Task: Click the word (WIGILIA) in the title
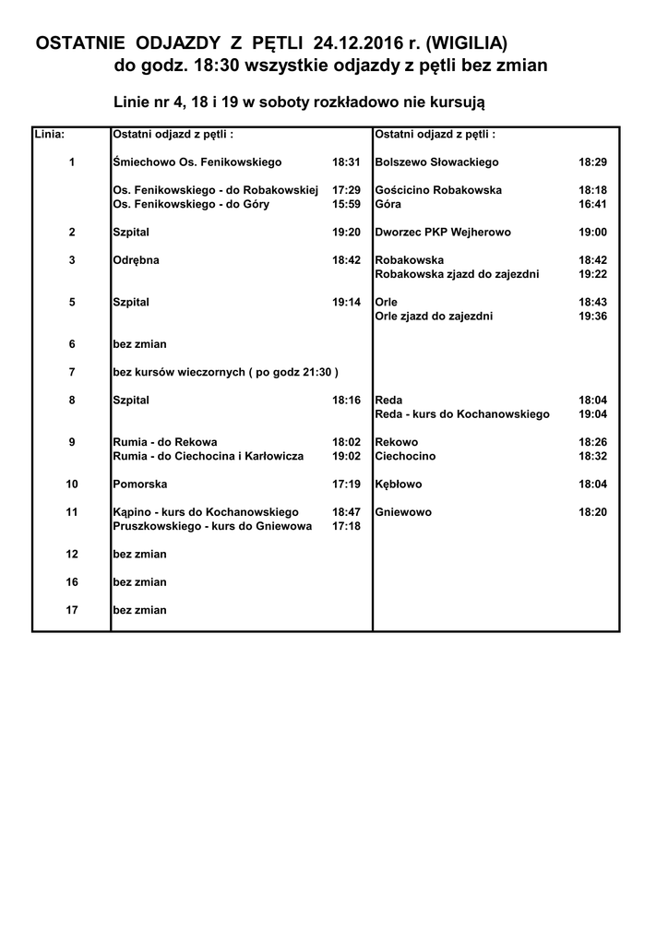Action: pyautogui.click(x=467, y=42)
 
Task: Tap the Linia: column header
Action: pyautogui.click(x=49, y=134)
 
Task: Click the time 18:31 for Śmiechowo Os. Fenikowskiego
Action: pyautogui.click(x=346, y=162)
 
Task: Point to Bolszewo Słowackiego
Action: pyautogui.click(x=437, y=162)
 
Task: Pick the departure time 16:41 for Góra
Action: pyautogui.click(x=592, y=204)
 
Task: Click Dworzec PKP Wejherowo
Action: pyautogui.click(x=443, y=233)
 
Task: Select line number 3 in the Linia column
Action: pyautogui.click(x=72, y=260)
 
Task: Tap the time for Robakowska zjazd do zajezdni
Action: pyautogui.click(x=592, y=274)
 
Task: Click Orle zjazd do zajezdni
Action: pyautogui.click(x=434, y=317)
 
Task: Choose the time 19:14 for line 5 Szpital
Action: pyautogui.click(x=346, y=303)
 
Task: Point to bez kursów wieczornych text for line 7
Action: pyautogui.click(x=225, y=372)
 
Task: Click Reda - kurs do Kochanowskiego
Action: pyautogui.click(x=462, y=414)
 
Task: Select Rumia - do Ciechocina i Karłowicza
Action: pyautogui.click(x=208, y=456)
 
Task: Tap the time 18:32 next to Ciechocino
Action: pyautogui.click(x=592, y=456)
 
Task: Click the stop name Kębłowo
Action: pyautogui.click(x=399, y=484)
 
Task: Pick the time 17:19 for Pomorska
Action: pyautogui.click(x=346, y=484)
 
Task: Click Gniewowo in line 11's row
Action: pyautogui.click(x=403, y=512)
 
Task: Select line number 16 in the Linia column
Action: pyautogui.click(x=72, y=582)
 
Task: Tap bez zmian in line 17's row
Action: pyautogui.click(x=139, y=610)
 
